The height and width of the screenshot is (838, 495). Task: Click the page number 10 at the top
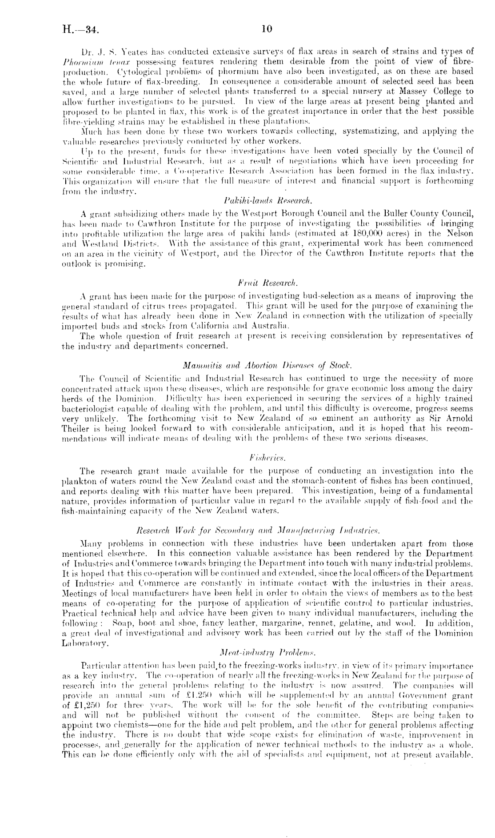[x=266, y=29]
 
